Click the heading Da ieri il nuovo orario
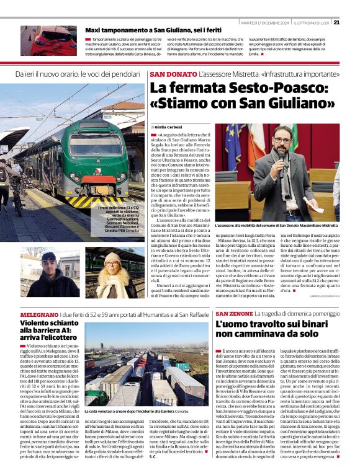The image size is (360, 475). pyautogui.click(x=78, y=74)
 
